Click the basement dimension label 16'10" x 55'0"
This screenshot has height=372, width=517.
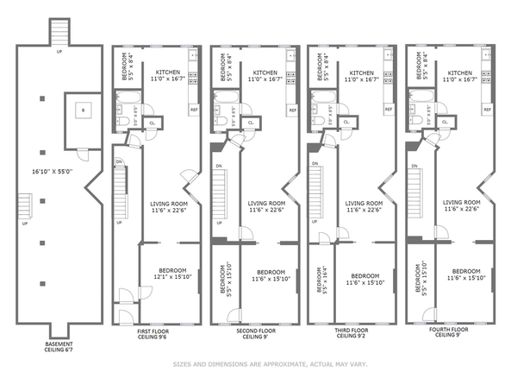coord(53,172)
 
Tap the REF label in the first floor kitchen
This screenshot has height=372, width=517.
coord(194,110)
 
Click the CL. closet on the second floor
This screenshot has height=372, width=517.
coord(251,123)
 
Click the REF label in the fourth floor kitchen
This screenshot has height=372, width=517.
coord(489,110)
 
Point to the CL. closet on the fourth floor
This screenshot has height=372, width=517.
coord(447,123)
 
